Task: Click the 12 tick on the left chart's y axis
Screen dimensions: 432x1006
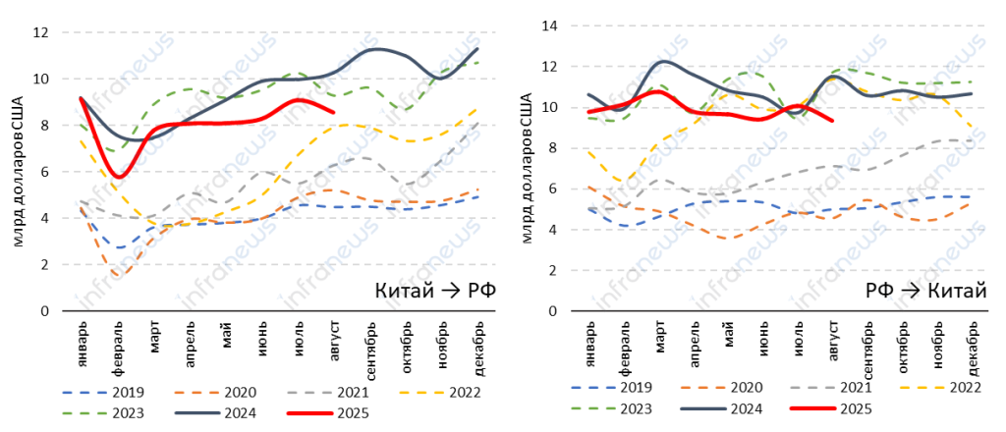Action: tap(40, 32)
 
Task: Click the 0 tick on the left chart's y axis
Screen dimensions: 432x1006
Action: tap(44, 311)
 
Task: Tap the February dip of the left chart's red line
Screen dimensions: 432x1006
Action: tap(119, 177)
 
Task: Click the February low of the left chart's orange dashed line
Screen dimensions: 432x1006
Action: tap(118, 276)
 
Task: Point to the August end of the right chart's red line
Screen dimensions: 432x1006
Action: tap(833, 121)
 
